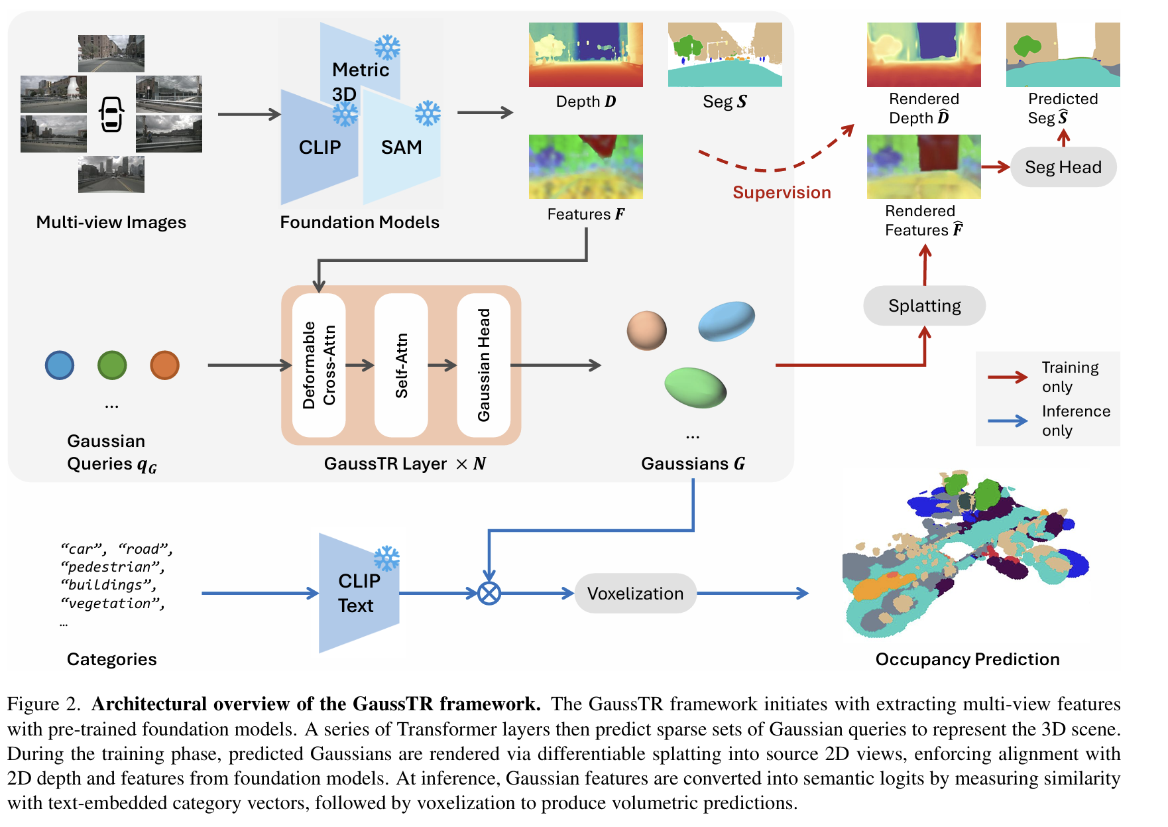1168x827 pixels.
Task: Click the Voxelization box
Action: [x=635, y=593]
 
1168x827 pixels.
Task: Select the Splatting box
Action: [x=924, y=306]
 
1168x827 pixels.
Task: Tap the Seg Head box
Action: [x=1063, y=167]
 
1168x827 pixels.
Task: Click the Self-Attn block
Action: [x=401, y=365]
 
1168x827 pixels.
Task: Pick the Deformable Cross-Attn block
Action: [x=319, y=365]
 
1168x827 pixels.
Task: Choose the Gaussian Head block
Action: [x=484, y=365]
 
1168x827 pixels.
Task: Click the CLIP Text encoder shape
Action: [x=359, y=593]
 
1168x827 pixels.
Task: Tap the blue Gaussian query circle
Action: [x=60, y=365]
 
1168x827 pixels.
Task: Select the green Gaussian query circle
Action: [x=112, y=365]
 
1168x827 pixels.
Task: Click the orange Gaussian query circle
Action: [x=164, y=365]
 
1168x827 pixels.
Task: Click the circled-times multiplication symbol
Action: [x=489, y=593]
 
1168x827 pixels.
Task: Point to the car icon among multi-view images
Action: [x=111, y=114]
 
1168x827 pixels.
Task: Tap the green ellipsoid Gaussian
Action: [x=695, y=387]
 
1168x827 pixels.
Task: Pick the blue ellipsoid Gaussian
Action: [x=727, y=321]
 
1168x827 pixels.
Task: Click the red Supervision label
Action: [x=782, y=192]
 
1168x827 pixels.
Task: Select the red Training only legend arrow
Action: [x=1007, y=377]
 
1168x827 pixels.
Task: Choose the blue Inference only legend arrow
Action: [x=1007, y=421]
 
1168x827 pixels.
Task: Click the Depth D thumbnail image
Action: [x=585, y=54]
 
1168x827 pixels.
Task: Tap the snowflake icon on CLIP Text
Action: [x=386, y=558]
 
